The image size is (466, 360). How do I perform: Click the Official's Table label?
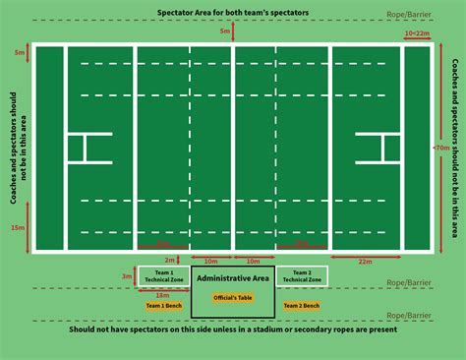pos(232,298)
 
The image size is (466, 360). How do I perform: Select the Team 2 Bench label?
pos(302,306)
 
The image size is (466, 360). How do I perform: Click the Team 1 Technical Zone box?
pos(157,276)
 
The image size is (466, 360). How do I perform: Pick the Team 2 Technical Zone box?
pos(302,276)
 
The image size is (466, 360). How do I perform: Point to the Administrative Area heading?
pos(232,278)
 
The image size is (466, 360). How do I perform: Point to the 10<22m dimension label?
pos(417,32)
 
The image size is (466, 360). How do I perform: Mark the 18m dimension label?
pos(162,294)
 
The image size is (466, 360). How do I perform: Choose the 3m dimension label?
pos(126,276)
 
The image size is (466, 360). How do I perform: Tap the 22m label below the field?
pos(366,262)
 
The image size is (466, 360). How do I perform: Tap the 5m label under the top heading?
pos(225,32)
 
